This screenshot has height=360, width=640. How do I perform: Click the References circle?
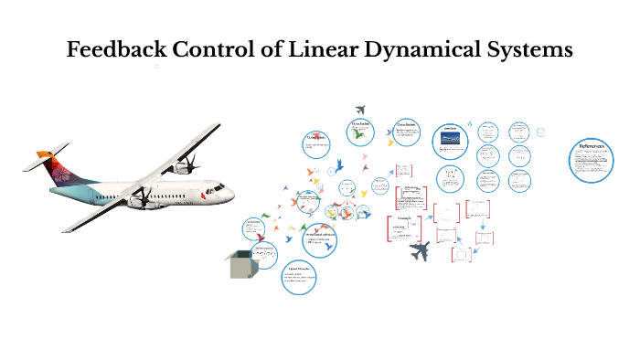coord(592,159)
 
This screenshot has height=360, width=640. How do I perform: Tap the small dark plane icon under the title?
coord(360,110)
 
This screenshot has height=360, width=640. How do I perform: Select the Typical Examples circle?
coord(298,276)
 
